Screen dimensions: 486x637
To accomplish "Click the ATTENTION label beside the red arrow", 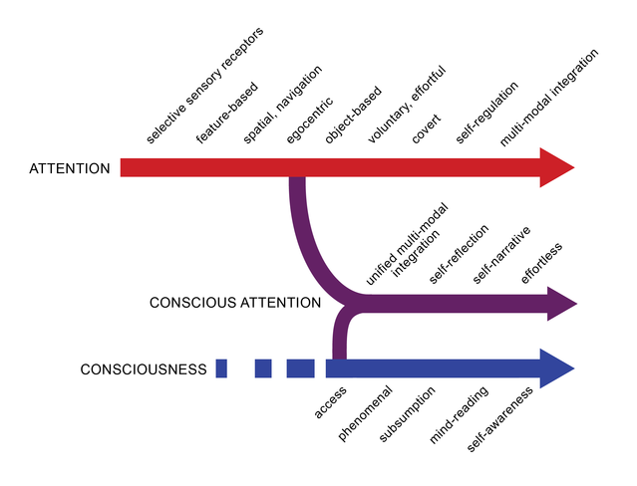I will click(x=70, y=168).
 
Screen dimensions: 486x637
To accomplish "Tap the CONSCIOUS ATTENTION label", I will click(x=234, y=303).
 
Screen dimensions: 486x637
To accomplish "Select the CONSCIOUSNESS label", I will click(x=144, y=369).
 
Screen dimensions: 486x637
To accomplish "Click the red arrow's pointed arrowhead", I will click(x=557, y=167).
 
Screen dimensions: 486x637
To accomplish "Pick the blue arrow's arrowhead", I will click(x=557, y=369).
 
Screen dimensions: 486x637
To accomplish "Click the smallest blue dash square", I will click(x=221, y=369).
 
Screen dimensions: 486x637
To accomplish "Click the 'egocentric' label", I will click(x=303, y=121).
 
